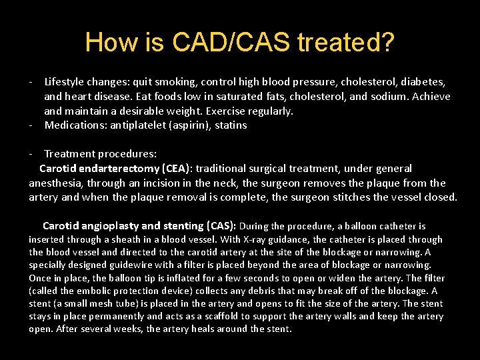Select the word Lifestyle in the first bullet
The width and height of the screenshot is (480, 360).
point(66,82)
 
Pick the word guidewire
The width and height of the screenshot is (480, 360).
point(105,265)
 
